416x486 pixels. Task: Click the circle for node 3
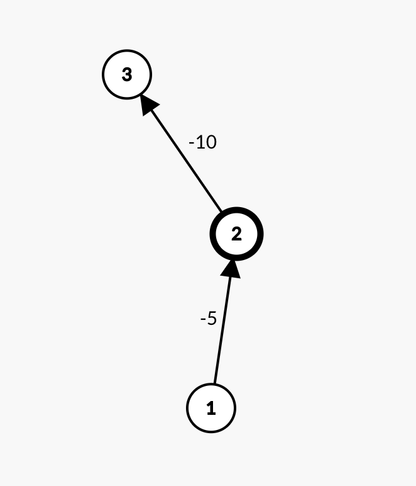(x=127, y=74)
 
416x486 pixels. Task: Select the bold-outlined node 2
(x=237, y=234)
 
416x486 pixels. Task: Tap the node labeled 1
(x=211, y=408)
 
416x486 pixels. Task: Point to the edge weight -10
(x=202, y=142)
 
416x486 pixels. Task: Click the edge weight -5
(x=209, y=319)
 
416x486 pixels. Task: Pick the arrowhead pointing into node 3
(x=148, y=105)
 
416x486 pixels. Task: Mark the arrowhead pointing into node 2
(x=231, y=269)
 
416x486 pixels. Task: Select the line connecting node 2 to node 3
(x=181, y=154)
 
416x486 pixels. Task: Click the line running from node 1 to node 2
(x=224, y=322)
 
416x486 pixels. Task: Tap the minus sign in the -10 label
(x=192, y=144)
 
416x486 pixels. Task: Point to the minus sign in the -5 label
(x=203, y=319)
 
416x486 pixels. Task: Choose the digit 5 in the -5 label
(x=212, y=319)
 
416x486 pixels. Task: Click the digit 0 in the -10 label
(x=211, y=142)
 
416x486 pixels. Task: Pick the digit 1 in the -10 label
(x=200, y=142)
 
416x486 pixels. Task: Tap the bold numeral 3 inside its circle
(x=127, y=75)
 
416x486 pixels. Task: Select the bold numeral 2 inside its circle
(x=237, y=234)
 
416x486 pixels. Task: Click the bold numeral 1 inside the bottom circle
(x=211, y=408)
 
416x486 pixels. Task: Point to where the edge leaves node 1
(x=215, y=383)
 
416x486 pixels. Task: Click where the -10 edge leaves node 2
(x=221, y=212)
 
